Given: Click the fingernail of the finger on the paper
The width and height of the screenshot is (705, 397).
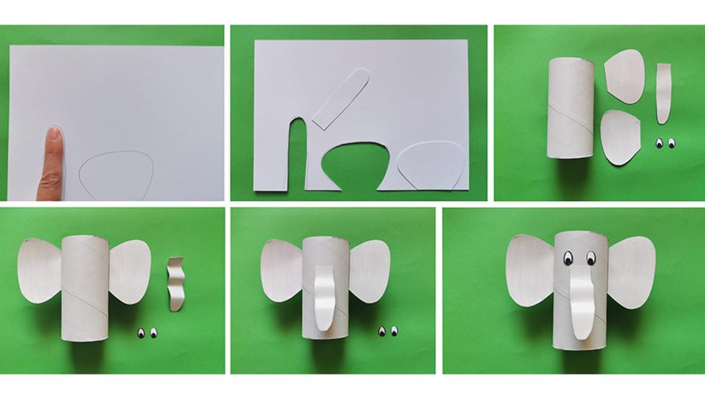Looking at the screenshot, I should click(53, 134).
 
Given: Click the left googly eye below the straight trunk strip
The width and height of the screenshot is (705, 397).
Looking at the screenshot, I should click(659, 144).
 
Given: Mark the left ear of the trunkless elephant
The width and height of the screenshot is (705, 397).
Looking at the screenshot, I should click(40, 270).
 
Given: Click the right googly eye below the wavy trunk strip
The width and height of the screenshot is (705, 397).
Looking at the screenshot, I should click(154, 333).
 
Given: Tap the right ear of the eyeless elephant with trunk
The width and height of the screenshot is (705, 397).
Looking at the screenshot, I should click(368, 271).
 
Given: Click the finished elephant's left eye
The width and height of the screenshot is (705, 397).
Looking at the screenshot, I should click(568, 257).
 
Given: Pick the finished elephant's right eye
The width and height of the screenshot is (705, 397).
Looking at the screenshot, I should click(591, 257).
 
